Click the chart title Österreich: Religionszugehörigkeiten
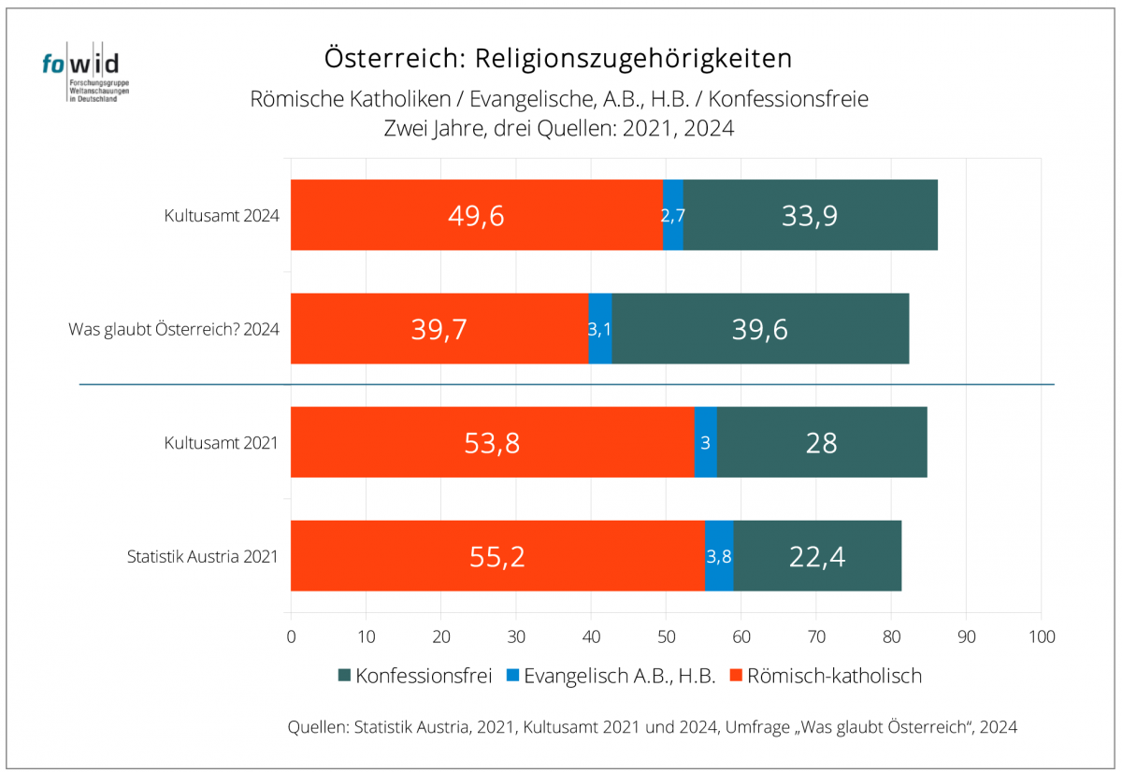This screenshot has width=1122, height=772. coord(558,58)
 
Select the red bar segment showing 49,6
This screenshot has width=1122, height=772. coord(477,215)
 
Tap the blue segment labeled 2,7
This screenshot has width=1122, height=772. coord(673,215)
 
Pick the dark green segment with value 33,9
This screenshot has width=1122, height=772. coord(810,215)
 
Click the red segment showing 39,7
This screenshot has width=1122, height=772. coord(439,329)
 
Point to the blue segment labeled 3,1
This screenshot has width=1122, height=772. coord(600,329)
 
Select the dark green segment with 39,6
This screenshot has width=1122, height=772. coord(760,329)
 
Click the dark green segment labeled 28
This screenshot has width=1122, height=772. coord(822,442)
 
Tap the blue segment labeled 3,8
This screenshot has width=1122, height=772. coord(719,556)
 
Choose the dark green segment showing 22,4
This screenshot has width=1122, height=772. coord(817,556)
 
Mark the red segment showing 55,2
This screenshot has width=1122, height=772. coord(497,556)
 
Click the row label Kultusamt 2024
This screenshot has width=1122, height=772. coord(222,216)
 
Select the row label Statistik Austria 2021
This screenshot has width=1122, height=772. coord(203,557)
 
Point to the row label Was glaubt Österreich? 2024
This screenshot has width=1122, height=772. coord(174,330)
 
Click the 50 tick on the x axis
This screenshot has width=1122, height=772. coord(666,636)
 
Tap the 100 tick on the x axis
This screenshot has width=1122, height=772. coord(1041,636)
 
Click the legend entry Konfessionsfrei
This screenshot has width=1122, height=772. coord(414,676)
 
